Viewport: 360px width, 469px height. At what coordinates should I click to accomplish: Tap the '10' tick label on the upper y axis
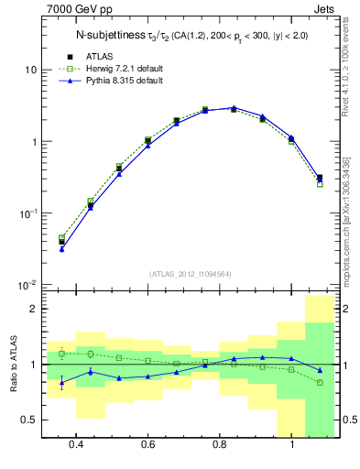[x=31, y=71]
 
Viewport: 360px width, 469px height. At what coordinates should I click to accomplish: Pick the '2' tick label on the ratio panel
[x=34, y=310]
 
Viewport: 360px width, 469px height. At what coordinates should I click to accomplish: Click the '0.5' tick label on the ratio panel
[x=30, y=420]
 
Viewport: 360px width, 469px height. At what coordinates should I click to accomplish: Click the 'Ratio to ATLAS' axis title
[x=12, y=365]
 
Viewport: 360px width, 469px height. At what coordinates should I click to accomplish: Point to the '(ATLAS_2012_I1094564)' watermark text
[x=191, y=274]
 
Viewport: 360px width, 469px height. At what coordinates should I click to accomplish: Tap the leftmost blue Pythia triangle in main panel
[x=61, y=248]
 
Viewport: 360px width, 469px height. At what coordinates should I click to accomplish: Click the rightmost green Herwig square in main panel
[x=320, y=184]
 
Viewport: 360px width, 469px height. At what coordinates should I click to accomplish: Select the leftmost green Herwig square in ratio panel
[x=61, y=353]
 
